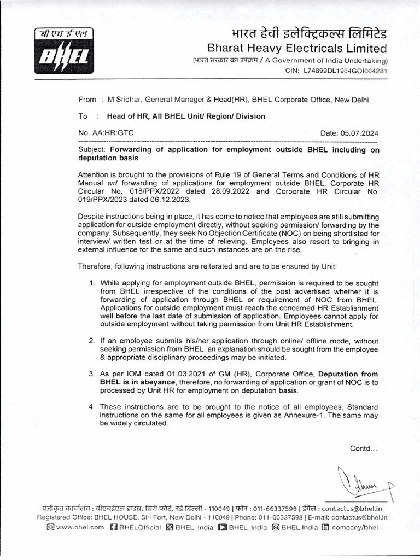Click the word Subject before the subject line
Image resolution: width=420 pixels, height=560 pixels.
click(x=92, y=149)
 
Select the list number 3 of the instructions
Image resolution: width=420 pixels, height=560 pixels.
click(x=92, y=374)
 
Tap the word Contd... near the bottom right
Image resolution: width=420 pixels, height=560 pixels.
click(x=363, y=448)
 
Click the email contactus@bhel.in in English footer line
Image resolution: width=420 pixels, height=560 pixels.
click(x=359, y=517)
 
